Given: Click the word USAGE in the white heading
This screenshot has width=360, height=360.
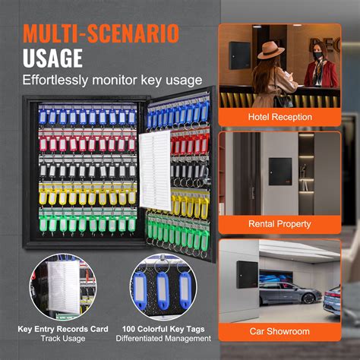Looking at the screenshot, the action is tap(52, 58).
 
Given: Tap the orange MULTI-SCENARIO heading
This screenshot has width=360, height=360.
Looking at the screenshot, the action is tap(101, 33).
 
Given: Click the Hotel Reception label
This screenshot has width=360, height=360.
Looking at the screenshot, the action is tap(279, 117).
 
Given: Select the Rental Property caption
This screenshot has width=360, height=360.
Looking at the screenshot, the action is tap(279, 224).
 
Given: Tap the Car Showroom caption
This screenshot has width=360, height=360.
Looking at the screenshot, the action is tap(279, 331).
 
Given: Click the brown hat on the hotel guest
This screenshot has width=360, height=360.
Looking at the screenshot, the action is tap(270, 50).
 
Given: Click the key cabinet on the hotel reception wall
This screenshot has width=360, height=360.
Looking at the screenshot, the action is tap(239, 55).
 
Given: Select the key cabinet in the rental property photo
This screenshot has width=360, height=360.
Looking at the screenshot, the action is tap(280, 172).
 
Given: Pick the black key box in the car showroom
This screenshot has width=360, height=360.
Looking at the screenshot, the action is tap(247, 274).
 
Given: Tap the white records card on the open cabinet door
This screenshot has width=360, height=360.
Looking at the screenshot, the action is tap(155, 170).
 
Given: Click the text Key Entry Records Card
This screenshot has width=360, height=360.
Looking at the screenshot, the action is tap(63, 329).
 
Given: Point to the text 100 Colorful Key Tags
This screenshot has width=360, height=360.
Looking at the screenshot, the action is tap(163, 329).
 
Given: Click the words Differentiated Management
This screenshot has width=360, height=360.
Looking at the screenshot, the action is tap(163, 339).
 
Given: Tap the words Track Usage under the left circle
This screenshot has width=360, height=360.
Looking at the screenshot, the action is tap(63, 339).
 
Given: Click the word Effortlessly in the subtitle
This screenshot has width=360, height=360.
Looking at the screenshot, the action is tap(55, 81).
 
